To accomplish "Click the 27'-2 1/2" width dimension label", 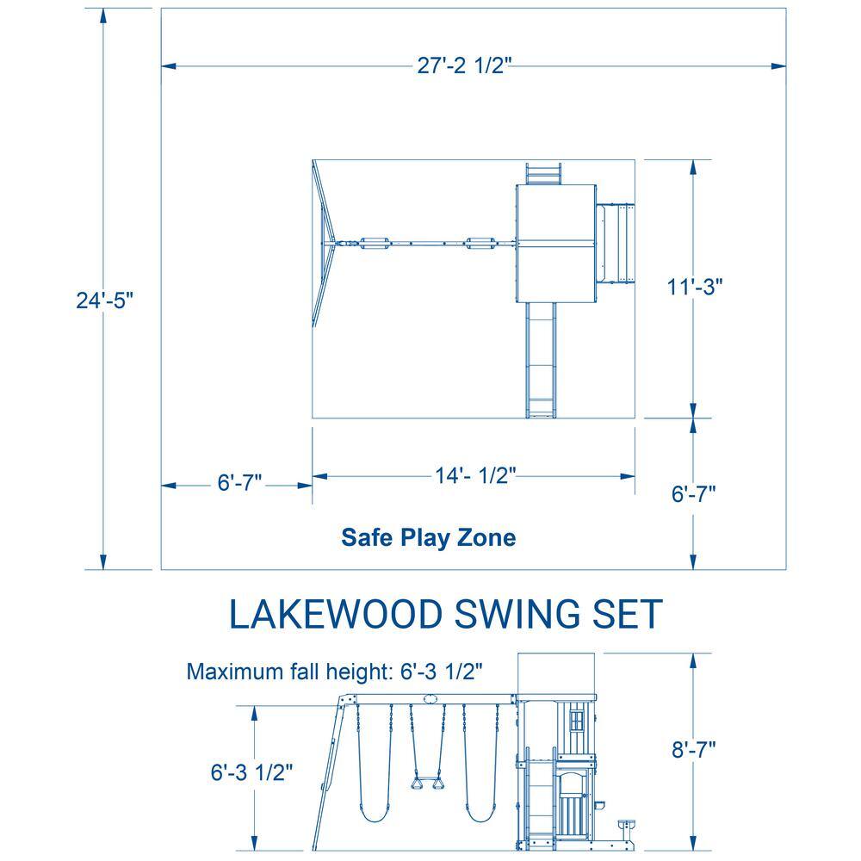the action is point(464,65).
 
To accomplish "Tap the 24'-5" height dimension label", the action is point(104,300).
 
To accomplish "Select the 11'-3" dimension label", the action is point(694,287).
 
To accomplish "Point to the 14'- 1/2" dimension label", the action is point(475,475).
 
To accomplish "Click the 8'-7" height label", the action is point(693,750).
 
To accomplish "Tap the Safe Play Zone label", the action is point(428,537).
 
